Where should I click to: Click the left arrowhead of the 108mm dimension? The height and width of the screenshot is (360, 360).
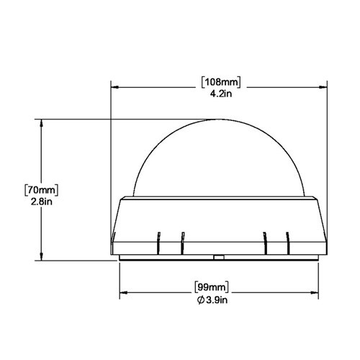click(x=114, y=86)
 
